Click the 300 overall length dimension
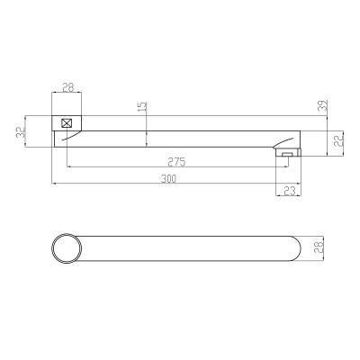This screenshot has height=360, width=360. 168,178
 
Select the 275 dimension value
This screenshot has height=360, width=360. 176,162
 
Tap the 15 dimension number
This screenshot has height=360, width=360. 142,106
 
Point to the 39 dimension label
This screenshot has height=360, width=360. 323,105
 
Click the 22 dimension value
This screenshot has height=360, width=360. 338,140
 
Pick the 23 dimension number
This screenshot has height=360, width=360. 290,191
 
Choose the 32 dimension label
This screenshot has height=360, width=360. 20,132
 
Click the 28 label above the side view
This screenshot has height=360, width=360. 68,87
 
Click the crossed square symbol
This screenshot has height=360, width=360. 67,123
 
